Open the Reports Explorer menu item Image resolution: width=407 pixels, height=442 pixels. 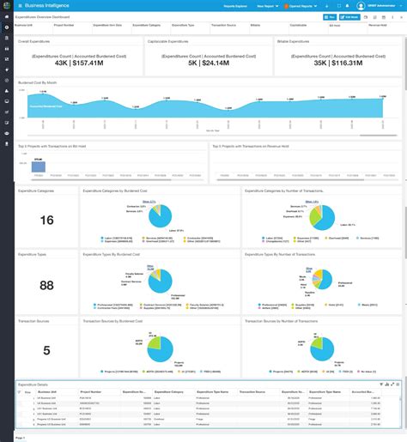click(x=237, y=5)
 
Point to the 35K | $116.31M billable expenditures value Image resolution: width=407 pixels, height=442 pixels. click(x=337, y=63)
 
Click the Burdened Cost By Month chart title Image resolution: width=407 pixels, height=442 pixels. click(x=37, y=82)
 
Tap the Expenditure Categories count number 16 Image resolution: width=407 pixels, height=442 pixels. click(x=46, y=221)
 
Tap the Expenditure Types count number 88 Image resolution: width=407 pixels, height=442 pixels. click(x=46, y=285)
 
